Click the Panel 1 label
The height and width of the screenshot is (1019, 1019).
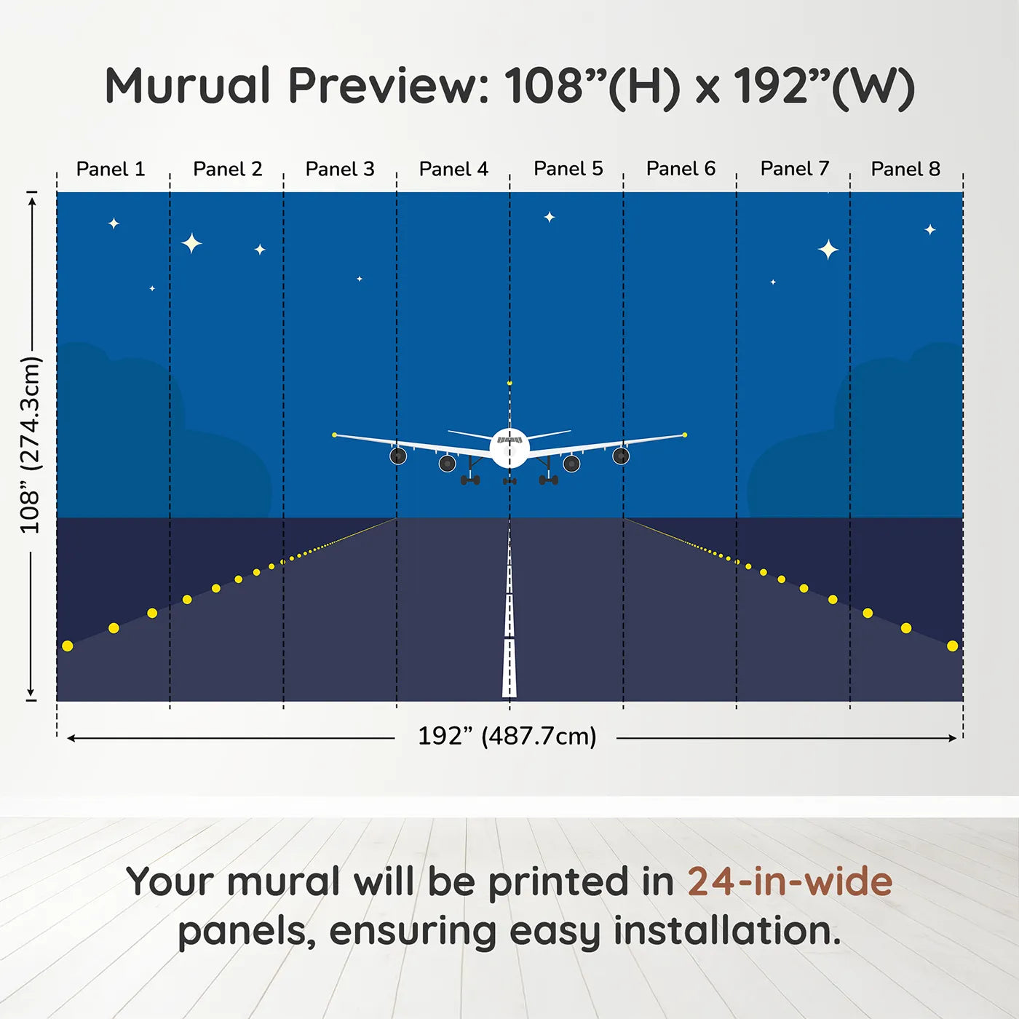(x=111, y=169)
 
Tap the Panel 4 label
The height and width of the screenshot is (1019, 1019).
(x=453, y=169)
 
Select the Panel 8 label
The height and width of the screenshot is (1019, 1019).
(x=905, y=169)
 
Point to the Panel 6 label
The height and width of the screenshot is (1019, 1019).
(x=681, y=169)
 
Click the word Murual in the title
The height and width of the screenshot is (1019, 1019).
(x=188, y=86)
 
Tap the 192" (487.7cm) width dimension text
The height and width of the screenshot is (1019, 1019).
(x=507, y=736)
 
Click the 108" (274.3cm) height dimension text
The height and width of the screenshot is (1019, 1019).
(x=31, y=445)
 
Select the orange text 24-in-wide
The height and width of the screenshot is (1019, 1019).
(x=789, y=881)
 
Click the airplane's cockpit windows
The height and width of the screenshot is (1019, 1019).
(x=509, y=440)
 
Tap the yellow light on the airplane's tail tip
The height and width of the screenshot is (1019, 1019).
(x=509, y=383)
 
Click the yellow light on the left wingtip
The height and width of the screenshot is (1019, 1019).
(x=334, y=435)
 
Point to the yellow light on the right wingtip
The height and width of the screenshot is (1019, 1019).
(x=685, y=435)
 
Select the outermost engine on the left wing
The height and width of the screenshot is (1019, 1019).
(x=398, y=456)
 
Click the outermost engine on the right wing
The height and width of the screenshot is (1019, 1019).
(x=621, y=456)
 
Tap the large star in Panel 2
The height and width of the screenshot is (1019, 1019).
(x=191, y=243)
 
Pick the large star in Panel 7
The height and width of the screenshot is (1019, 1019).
(x=828, y=250)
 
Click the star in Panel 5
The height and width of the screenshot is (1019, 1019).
(x=550, y=217)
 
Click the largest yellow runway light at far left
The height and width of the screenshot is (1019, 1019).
(x=68, y=646)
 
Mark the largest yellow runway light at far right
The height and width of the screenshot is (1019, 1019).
(x=952, y=646)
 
